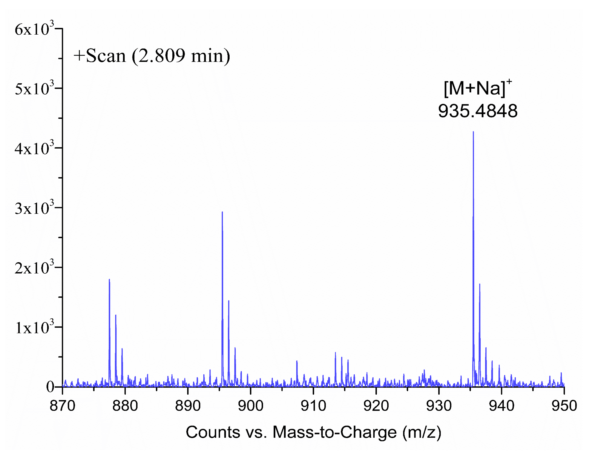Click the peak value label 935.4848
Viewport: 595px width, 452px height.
(x=477, y=111)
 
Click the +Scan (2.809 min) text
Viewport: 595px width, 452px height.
(x=152, y=56)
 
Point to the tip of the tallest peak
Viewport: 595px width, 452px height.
(x=473, y=132)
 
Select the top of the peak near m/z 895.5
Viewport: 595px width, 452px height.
(x=222, y=212)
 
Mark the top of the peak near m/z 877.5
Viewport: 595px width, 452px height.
(x=109, y=280)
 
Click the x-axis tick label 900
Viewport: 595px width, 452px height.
(x=251, y=406)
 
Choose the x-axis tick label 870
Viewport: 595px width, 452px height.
(x=62, y=406)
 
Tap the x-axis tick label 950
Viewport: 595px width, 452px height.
(x=564, y=406)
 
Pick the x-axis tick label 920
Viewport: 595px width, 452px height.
(x=376, y=406)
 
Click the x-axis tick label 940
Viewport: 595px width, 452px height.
(x=501, y=406)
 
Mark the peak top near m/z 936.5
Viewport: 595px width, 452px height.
(x=480, y=284)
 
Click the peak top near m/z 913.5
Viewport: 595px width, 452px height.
(x=335, y=353)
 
